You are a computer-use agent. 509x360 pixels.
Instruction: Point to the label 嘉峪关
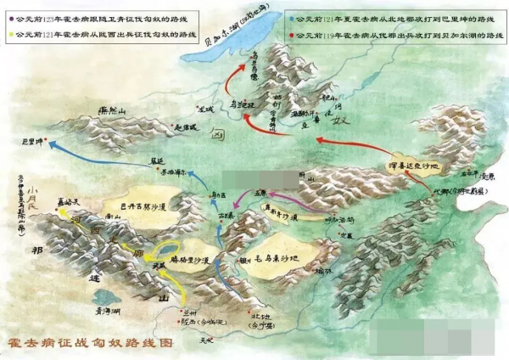point(68,203)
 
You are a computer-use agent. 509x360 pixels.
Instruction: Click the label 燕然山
point(109,111)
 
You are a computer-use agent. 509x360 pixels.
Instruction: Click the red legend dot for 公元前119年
point(292,36)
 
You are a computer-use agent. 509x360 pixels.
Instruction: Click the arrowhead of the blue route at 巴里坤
point(48,146)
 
